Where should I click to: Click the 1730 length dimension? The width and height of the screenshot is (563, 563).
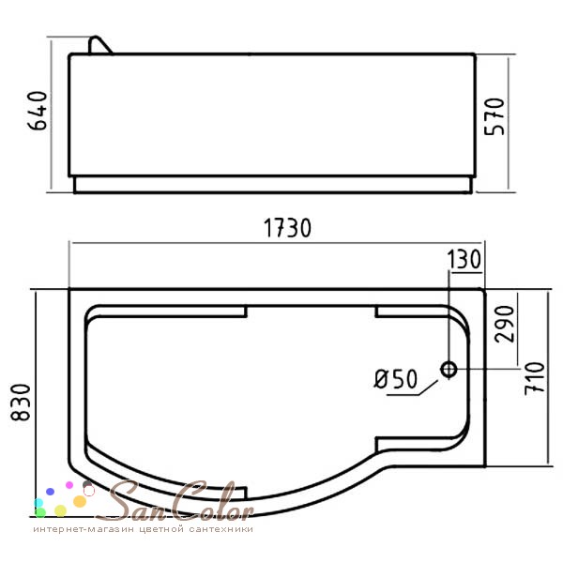pyautogui.click(x=287, y=228)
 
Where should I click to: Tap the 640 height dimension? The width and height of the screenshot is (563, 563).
pyautogui.click(x=38, y=110)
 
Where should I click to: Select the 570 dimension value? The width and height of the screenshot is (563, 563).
pyautogui.click(x=495, y=116)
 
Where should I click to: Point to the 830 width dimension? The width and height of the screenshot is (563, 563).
pyautogui.click(x=21, y=403)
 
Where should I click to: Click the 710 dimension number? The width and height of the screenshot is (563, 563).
pyautogui.click(x=535, y=379)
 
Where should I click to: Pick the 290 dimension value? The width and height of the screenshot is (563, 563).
pyautogui.click(x=505, y=325)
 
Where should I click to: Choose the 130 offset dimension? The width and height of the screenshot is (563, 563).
pyautogui.click(x=464, y=259)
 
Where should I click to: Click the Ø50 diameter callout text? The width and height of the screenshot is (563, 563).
pyautogui.click(x=396, y=379)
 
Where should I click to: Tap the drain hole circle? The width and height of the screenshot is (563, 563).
pyautogui.click(x=449, y=369)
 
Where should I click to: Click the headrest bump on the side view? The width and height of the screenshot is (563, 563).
pyautogui.click(x=99, y=46)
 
